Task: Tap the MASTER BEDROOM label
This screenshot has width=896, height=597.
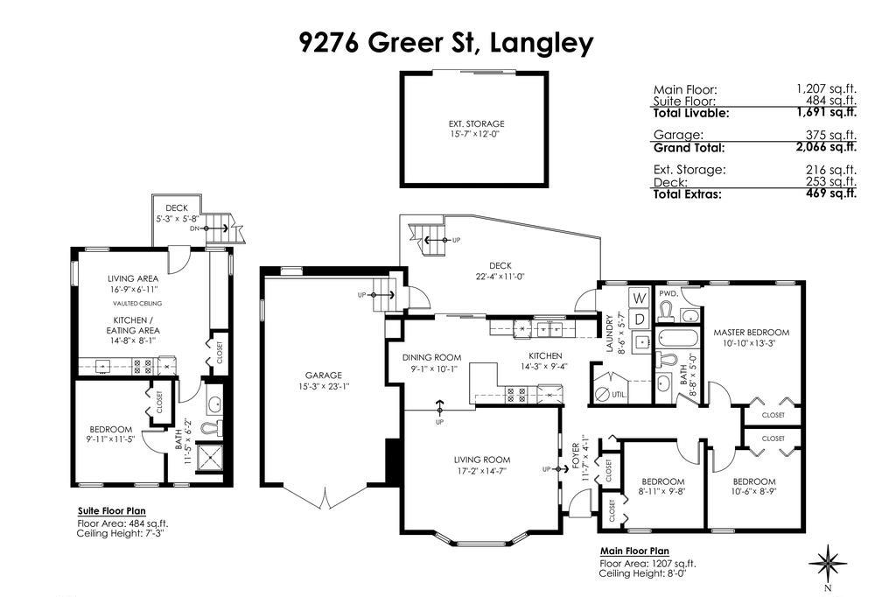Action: pyautogui.click(x=751, y=333)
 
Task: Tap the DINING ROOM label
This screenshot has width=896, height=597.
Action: pyautogui.click(x=431, y=357)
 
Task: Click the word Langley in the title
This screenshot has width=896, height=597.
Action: pyautogui.click(x=542, y=42)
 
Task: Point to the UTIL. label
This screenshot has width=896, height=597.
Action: pyautogui.click(x=619, y=395)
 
